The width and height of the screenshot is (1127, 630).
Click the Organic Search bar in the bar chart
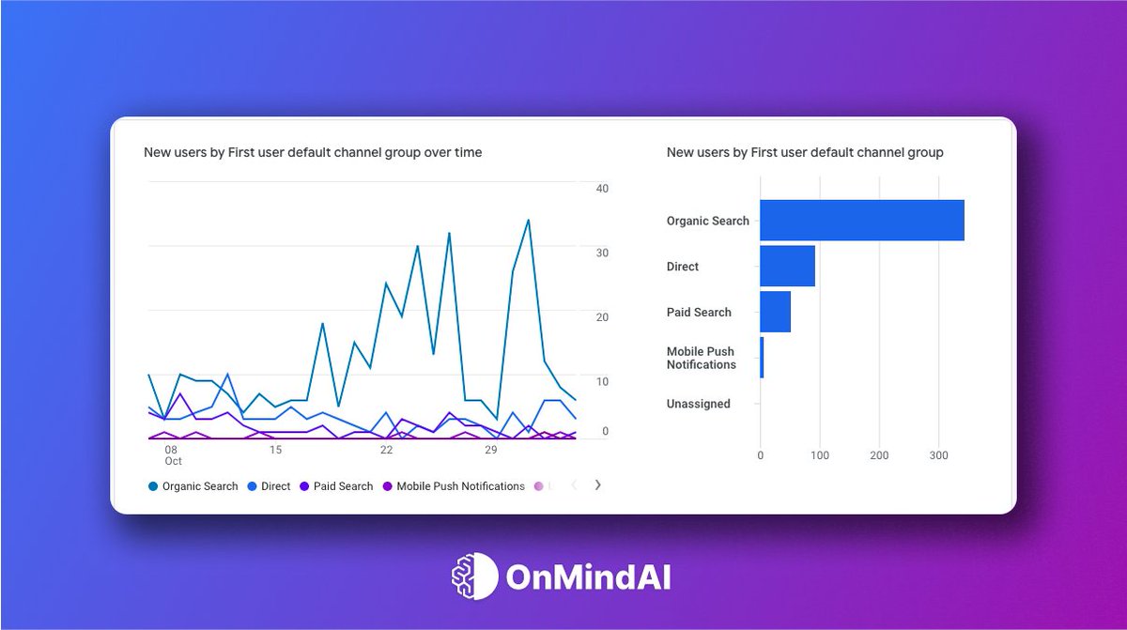(861, 221)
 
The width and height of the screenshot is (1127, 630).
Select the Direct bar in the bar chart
(787, 267)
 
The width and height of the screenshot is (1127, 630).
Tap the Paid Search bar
(775, 312)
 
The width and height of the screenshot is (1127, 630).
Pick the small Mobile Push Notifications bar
(762, 358)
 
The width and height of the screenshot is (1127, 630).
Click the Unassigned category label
(698, 404)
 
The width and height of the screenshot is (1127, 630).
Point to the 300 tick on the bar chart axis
(938, 455)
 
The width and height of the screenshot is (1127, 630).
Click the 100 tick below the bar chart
(820, 455)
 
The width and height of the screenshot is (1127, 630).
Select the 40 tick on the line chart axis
(602, 189)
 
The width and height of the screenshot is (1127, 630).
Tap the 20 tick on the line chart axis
(602, 317)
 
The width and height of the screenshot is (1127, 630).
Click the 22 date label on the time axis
(386, 450)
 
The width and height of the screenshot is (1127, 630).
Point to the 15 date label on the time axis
(275, 450)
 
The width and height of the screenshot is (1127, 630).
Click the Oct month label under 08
(173, 462)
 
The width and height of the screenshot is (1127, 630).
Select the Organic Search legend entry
(193, 486)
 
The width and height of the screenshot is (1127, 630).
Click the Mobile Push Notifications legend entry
(454, 486)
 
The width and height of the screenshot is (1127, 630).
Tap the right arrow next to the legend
(598, 485)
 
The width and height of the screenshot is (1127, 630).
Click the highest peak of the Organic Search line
(529, 221)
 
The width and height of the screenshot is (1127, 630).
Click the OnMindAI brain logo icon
(474, 576)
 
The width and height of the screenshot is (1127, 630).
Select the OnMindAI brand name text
(588, 576)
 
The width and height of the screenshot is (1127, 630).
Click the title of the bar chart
(804, 152)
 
